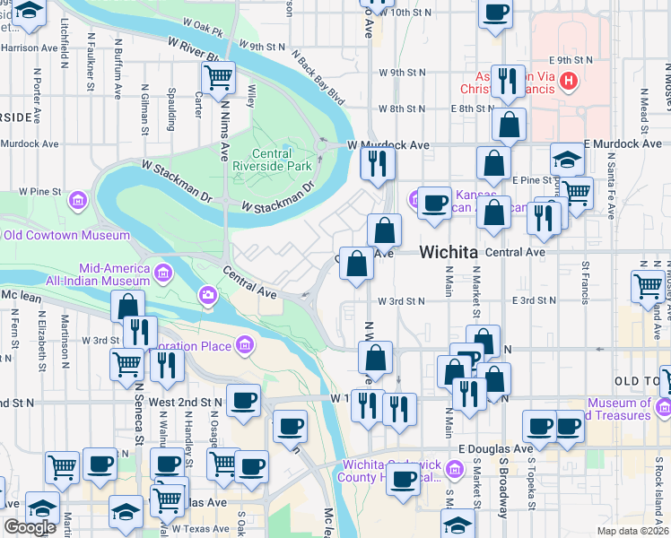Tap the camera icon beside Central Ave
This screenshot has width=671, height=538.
click(208, 294)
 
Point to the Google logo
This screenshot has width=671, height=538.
click(30, 527)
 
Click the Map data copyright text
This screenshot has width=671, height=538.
click(632, 531)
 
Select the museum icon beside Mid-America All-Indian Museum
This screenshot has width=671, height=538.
click(164, 272)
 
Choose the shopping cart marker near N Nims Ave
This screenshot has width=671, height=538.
click(218, 79)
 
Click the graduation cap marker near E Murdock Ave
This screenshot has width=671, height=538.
click(567, 161)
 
